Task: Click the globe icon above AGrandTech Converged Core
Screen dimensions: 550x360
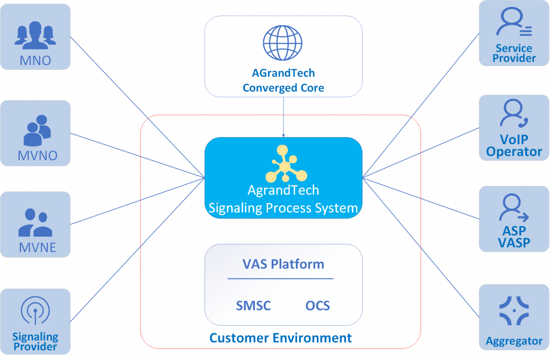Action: pos(283,43)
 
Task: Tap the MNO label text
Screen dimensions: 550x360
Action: pos(35,61)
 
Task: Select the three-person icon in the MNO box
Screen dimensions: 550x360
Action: pos(35,35)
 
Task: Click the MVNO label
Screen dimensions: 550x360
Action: pos(38,155)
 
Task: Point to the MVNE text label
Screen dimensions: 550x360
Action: pos(38,247)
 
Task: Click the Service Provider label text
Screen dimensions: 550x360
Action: pos(514,53)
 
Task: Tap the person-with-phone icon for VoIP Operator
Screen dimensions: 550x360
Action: pos(514,113)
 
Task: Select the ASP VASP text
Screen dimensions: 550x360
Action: pos(514,236)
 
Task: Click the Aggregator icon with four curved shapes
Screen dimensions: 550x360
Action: pos(514,311)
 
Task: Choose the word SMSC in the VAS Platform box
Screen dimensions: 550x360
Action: pos(254,306)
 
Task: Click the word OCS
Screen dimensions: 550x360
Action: pos(318,306)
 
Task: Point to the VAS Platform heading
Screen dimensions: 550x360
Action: pos(284,264)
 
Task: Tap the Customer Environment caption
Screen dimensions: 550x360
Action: pos(280,338)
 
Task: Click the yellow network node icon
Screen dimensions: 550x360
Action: pos(286,164)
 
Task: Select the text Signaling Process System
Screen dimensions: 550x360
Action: pos(283,208)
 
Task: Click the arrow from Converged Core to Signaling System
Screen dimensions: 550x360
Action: pos(284,117)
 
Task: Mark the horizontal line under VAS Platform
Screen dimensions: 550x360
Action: pos(280,278)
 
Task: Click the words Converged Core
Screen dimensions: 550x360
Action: pos(284,88)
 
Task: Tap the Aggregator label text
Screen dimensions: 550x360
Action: pos(514,341)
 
